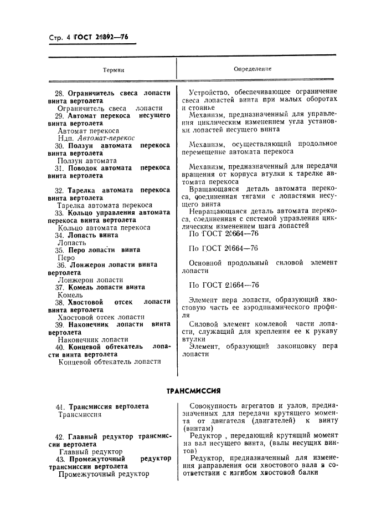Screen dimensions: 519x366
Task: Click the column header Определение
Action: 253,69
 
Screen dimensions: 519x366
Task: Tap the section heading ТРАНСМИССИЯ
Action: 194,390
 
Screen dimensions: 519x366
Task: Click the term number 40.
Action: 60,347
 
